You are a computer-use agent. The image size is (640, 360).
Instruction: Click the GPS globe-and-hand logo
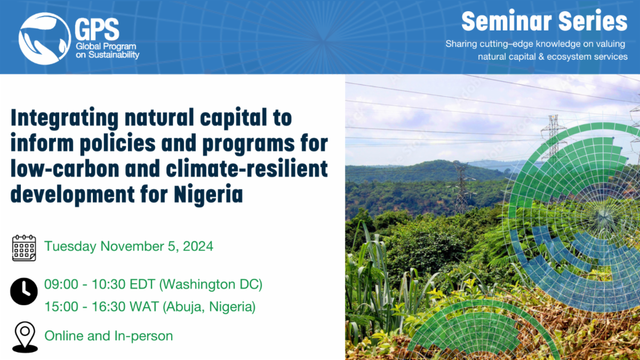point(45,38)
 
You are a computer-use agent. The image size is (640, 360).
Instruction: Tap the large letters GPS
point(97,29)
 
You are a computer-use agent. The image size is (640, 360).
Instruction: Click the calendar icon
point(24,248)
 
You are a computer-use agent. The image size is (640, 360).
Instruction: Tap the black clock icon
point(24,291)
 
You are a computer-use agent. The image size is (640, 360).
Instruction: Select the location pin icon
point(25,337)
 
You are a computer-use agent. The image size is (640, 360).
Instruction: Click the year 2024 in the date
point(198,246)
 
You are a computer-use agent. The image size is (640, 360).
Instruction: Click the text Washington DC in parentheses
point(211,285)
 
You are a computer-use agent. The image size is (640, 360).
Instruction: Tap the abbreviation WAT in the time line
point(144,307)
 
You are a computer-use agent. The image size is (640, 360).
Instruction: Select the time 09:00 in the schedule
point(61,285)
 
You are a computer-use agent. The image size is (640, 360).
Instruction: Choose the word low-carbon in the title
point(65,169)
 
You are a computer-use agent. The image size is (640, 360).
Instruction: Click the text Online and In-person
point(109,336)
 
